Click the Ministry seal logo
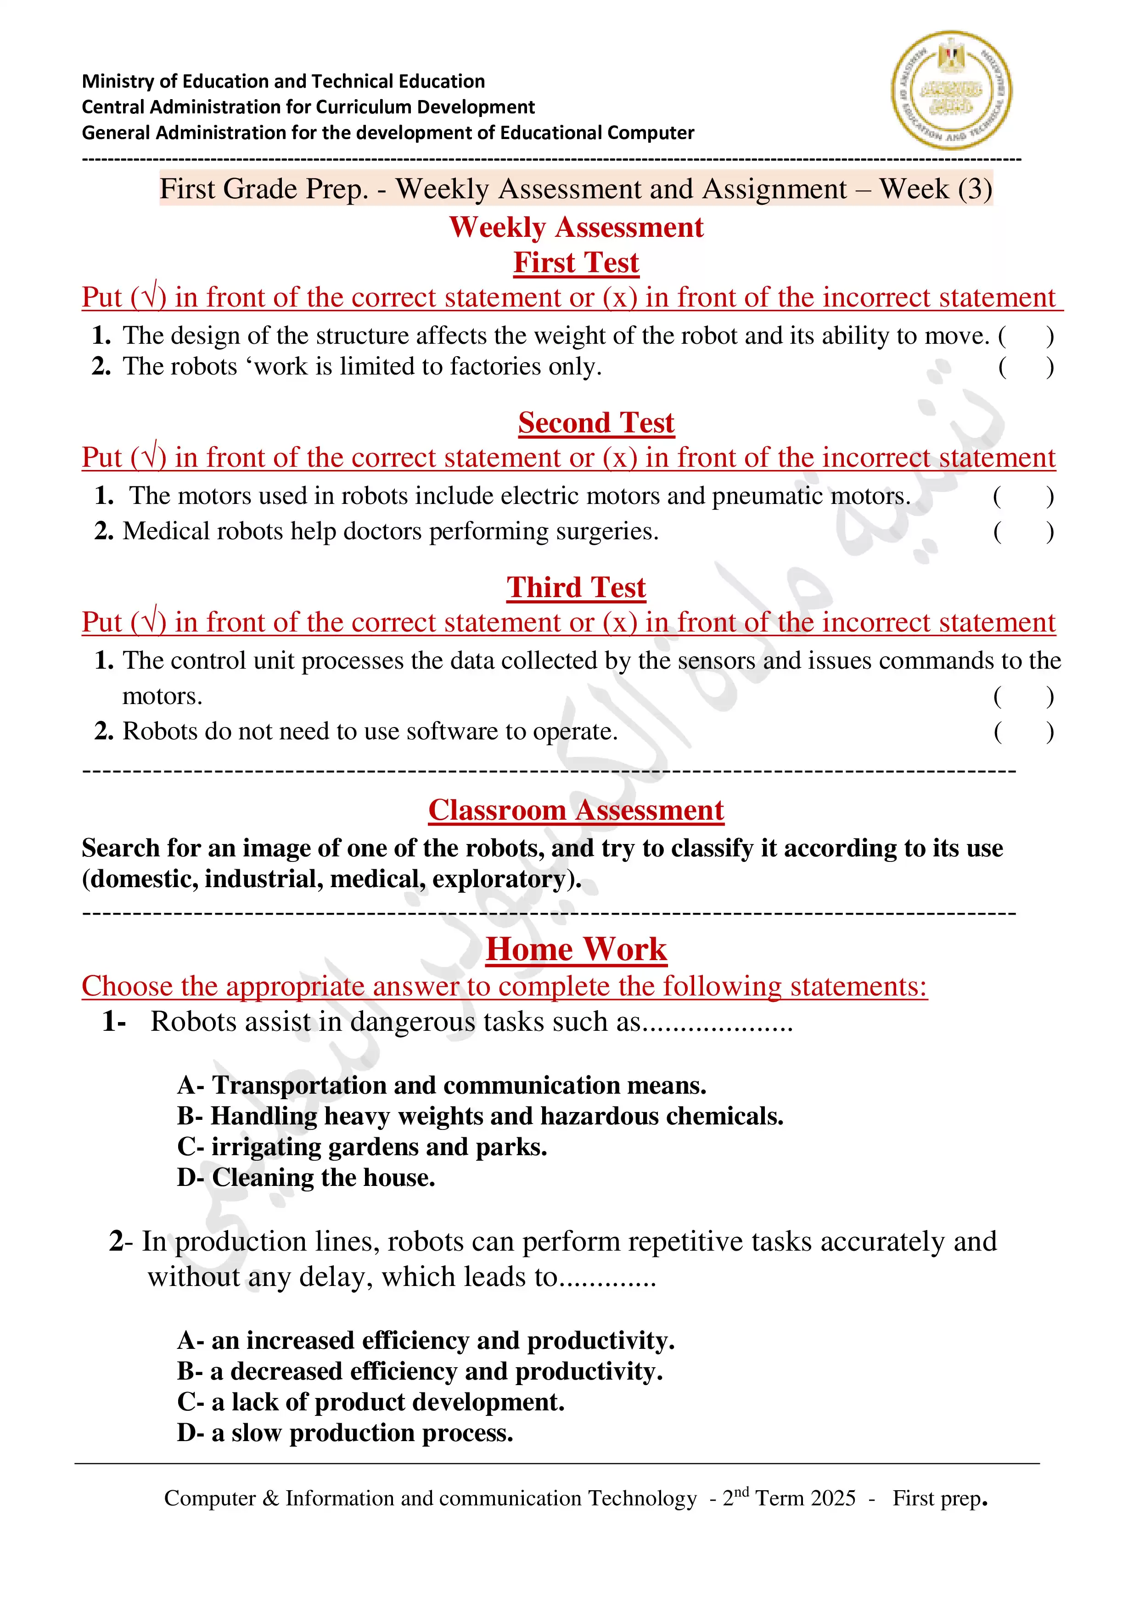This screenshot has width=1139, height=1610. click(951, 90)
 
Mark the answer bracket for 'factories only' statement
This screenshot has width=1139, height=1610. click(1026, 367)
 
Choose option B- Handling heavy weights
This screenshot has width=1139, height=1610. click(480, 1116)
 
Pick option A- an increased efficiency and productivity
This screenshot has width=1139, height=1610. click(426, 1340)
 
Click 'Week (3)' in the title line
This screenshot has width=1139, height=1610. click(936, 190)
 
